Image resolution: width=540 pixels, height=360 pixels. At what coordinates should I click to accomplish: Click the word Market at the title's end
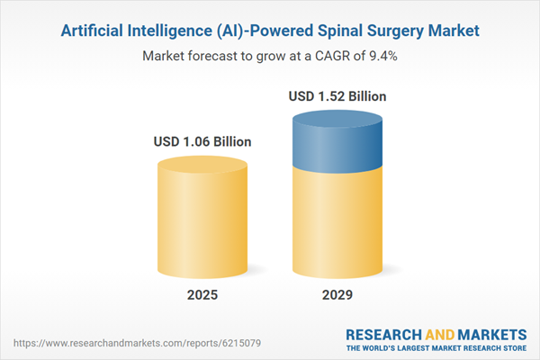tap(451, 31)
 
